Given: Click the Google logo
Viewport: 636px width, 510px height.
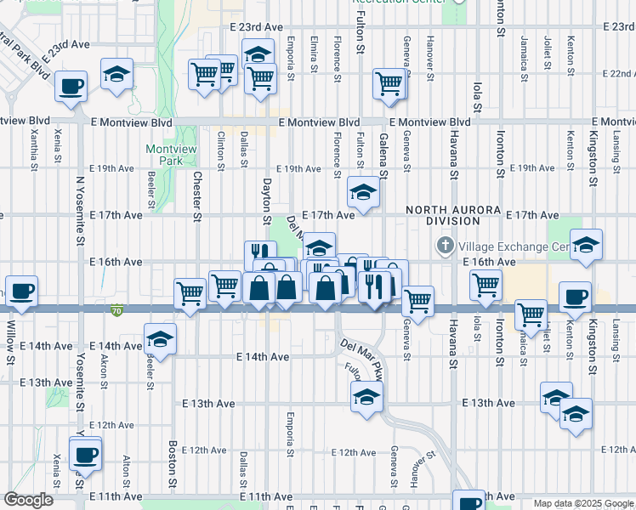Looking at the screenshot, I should [x=28, y=500].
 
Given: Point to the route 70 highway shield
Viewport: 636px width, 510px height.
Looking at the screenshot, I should [x=116, y=311].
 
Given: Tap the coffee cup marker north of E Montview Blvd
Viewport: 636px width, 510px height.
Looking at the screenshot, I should [x=71, y=87].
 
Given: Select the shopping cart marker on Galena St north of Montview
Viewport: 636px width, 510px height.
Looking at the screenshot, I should [x=389, y=84].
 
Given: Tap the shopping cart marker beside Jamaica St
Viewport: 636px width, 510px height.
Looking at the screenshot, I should [x=531, y=314].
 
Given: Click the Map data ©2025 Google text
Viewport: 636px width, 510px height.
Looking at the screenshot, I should [x=582, y=503].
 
